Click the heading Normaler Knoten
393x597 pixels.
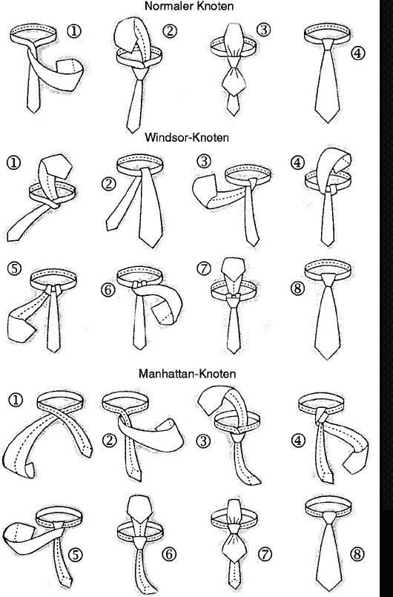[189, 6]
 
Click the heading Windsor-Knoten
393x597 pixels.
[187, 137]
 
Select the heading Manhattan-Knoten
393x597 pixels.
[187, 374]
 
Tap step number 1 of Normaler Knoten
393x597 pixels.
[74, 31]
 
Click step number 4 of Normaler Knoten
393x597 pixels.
[357, 53]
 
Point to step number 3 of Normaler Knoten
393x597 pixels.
[263, 30]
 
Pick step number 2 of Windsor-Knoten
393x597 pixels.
[108, 184]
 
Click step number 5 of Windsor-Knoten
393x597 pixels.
[14, 268]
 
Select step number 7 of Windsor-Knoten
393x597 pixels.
[204, 268]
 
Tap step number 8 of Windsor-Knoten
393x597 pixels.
[297, 288]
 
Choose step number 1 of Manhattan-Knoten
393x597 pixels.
[16, 400]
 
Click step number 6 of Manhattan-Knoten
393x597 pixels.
[169, 554]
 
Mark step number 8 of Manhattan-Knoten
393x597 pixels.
[357, 554]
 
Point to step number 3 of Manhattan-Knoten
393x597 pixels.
[203, 441]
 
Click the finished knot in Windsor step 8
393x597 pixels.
[328, 281]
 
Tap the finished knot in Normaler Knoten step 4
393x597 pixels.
[328, 44]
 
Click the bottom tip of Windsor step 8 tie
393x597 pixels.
[327, 359]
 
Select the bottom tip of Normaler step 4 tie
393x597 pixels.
[328, 122]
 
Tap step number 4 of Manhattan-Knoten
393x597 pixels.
[298, 441]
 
